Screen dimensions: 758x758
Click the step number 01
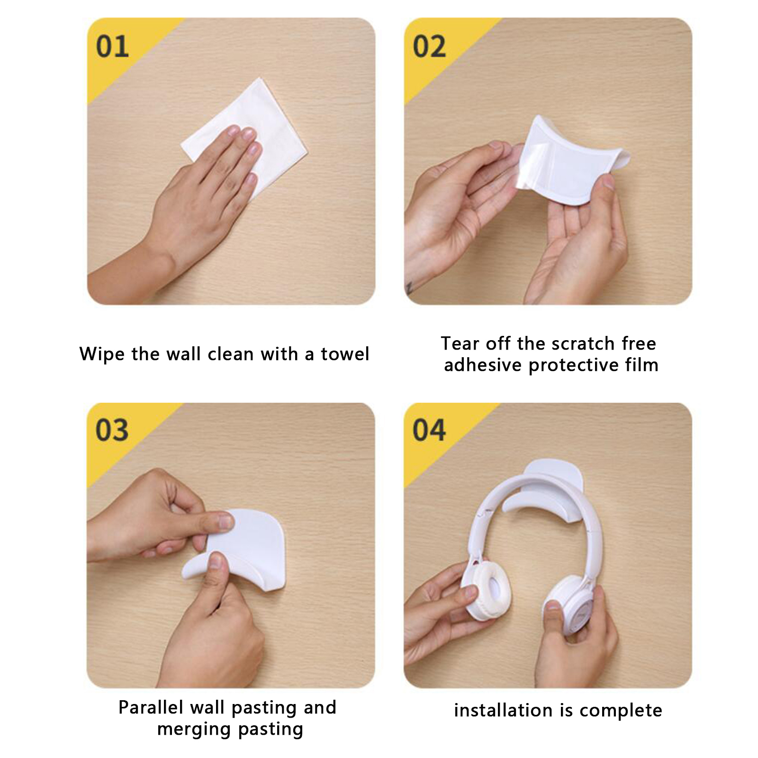point(112,46)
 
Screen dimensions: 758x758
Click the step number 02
point(429,46)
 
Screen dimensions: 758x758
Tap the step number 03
point(112,430)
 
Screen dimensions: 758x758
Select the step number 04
point(429,430)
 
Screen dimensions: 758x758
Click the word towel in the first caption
point(345,354)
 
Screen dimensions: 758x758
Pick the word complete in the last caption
point(621,711)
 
